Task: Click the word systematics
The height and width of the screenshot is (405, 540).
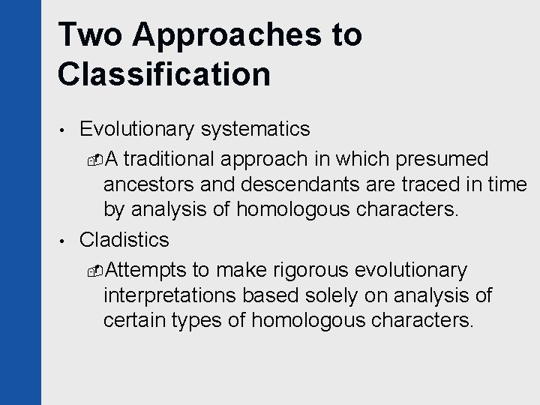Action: [x=254, y=130]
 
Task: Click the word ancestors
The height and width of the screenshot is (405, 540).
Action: [x=147, y=185]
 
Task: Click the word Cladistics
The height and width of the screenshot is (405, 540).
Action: [x=124, y=240]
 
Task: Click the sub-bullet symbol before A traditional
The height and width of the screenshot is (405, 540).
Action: [x=93, y=160]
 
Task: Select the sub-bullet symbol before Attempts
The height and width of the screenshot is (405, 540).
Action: [x=93, y=270]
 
